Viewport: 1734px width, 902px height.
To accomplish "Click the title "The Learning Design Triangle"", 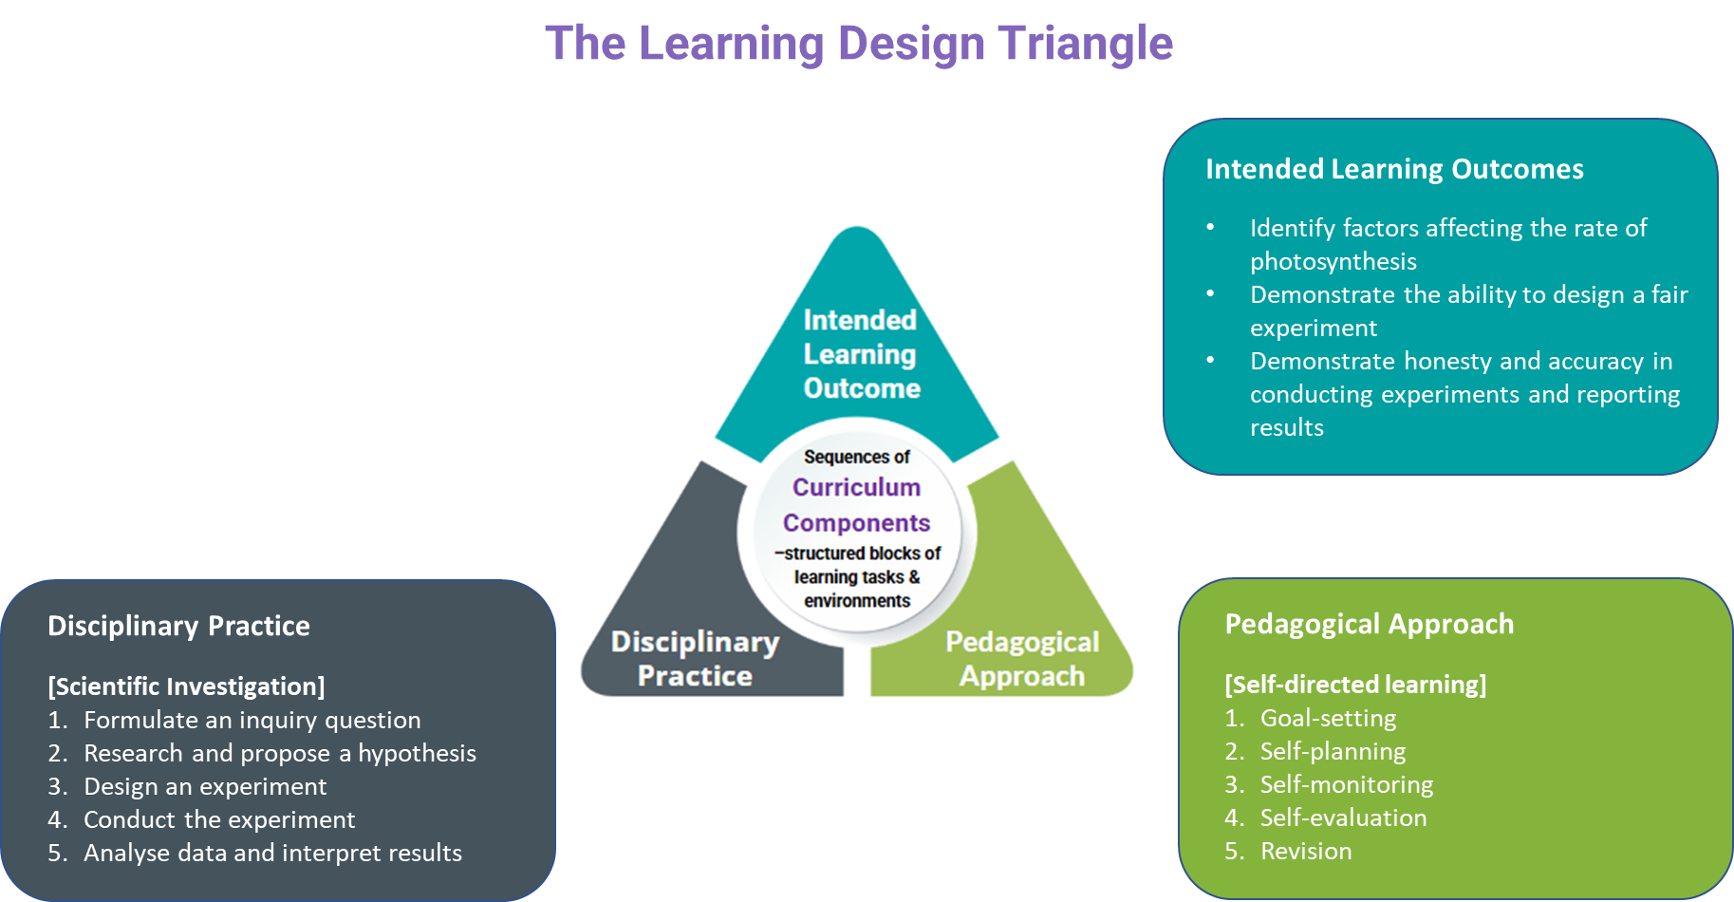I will pos(859,44).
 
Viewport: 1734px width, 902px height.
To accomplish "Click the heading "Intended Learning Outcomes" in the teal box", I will pos(1394,169).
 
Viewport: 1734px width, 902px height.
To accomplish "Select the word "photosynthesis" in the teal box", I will pos(1333,261).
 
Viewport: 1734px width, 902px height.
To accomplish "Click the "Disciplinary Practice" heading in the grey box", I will pos(178,626).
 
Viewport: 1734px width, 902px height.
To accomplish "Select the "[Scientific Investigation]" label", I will pos(186,686).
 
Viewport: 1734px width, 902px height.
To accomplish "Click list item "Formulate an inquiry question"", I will pos(252,721).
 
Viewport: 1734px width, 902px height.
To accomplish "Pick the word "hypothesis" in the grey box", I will pos(417,754).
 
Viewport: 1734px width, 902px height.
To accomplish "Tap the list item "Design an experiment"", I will pos(205,787).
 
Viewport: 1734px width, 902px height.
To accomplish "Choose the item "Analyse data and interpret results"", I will pos(272,854).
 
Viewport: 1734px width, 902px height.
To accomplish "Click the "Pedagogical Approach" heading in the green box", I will pos(1369,624).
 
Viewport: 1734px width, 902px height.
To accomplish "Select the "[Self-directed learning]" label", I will pos(1355,685).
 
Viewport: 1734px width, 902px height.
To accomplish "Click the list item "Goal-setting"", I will pos(1328,719).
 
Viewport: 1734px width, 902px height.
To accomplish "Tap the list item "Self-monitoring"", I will pos(1346,785).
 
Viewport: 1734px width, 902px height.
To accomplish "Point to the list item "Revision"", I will pos(1305,852).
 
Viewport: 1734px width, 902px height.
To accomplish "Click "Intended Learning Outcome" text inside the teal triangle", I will pos(861,354).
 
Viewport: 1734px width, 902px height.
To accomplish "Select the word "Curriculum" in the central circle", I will pos(856,487).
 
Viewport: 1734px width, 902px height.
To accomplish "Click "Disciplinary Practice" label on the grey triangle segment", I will pos(695,659).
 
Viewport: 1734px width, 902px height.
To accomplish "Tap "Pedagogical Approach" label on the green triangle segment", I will pos(1022,659).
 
